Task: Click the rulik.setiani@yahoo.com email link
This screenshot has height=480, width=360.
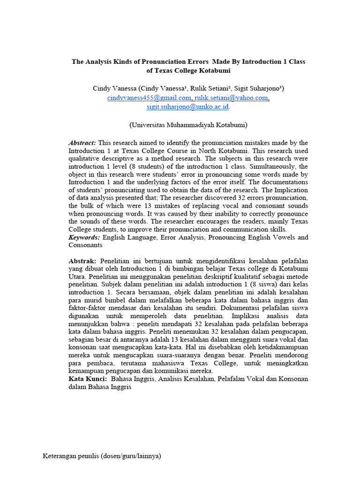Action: click(x=232, y=97)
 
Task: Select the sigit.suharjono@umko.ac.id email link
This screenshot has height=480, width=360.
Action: click(x=187, y=106)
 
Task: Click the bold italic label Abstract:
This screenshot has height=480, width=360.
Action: click(x=82, y=142)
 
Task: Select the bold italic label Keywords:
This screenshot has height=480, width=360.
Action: click(x=84, y=237)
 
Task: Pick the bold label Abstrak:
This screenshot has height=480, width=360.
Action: click(x=82, y=261)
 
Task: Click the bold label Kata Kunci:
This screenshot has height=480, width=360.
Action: click(x=87, y=379)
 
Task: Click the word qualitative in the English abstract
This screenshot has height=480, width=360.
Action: click(x=86, y=158)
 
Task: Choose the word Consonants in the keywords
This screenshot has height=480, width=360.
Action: click(x=85, y=245)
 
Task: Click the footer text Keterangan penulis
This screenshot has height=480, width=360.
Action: click(x=71, y=456)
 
